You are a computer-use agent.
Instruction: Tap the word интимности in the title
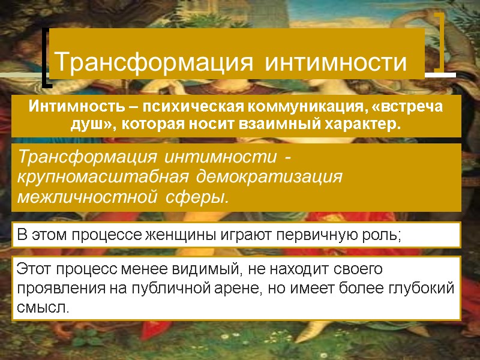point(336,61)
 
